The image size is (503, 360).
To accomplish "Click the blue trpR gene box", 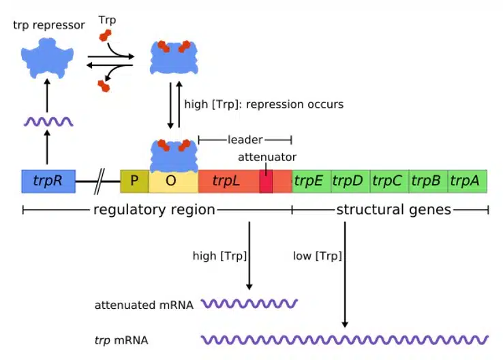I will click(48, 181).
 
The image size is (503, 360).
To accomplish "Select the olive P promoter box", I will click(134, 181).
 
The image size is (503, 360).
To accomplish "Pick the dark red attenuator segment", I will click(266, 181).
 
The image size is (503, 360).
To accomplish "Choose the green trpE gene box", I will click(311, 181).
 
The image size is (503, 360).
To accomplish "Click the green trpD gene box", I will click(350, 181).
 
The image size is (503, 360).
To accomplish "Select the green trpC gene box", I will click(388, 181).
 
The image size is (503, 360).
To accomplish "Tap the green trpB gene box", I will click(428, 181).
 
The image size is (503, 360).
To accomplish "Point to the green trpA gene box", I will click(468, 181).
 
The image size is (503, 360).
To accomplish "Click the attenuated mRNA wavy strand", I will click(249, 304).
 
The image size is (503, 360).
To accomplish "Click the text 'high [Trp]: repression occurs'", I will click(264, 104).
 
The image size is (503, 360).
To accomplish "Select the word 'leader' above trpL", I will click(245, 140).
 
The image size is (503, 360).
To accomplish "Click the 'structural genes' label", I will click(393, 210).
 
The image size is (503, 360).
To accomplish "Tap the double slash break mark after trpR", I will click(101, 182).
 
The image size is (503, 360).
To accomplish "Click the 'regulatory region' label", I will click(154, 210).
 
